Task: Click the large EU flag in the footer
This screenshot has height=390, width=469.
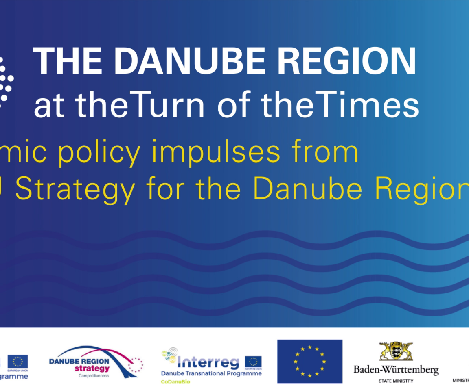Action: point(310,361)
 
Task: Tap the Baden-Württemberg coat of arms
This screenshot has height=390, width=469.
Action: point(396,351)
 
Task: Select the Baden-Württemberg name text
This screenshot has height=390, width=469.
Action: point(396,370)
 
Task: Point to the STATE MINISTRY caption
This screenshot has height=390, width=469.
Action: point(396,381)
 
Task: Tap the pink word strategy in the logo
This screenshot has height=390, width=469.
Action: point(92,369)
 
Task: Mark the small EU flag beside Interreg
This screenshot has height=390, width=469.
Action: point(253,362)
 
